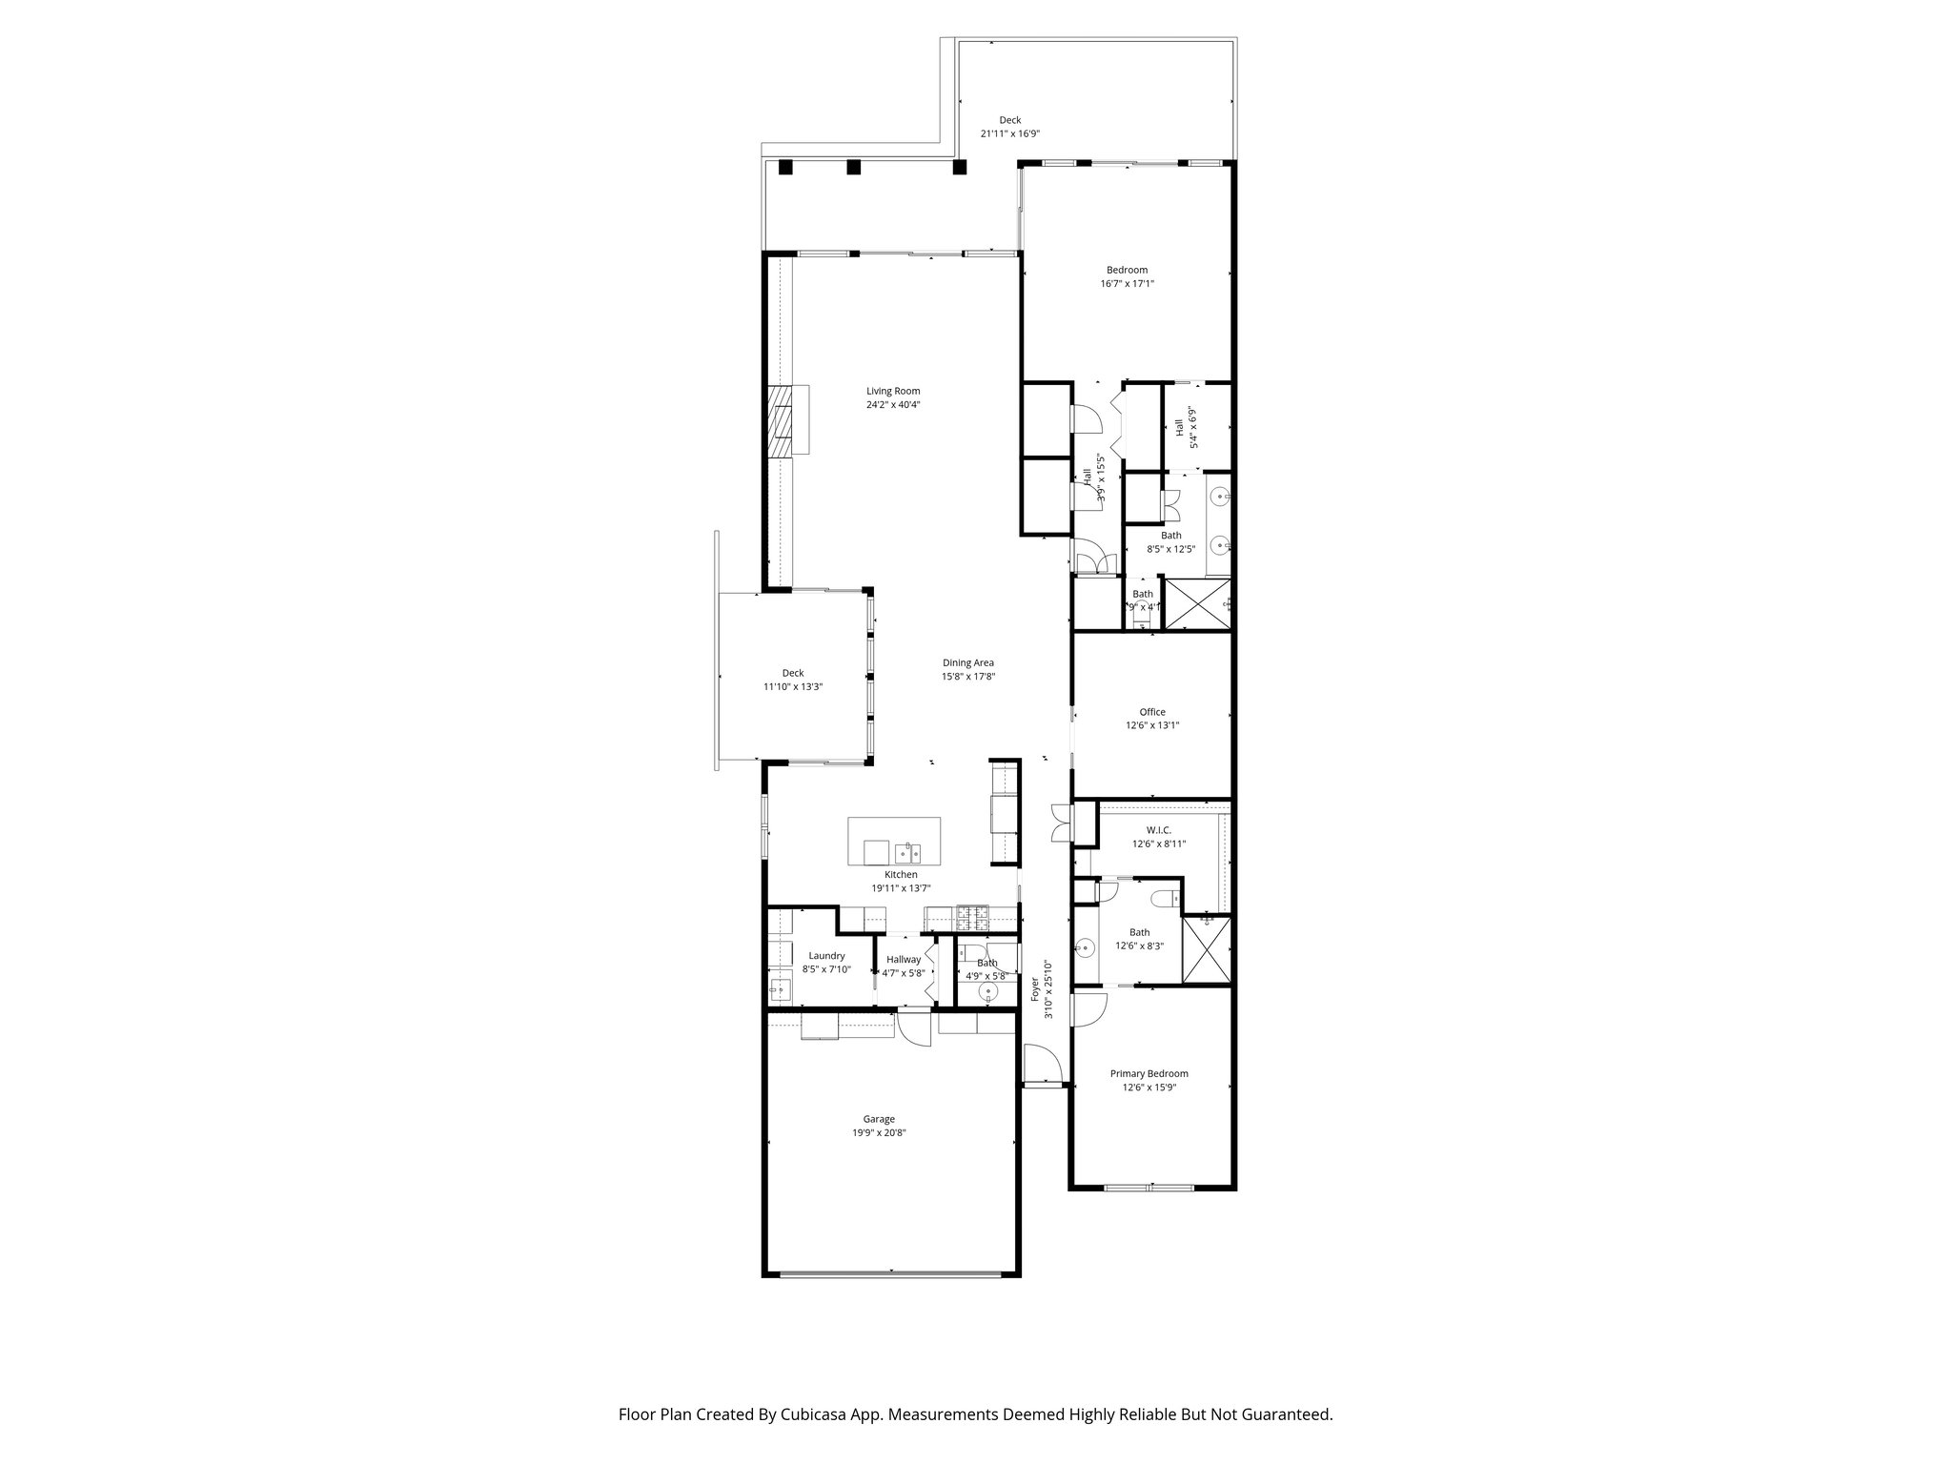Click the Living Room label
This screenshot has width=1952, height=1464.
(893, 391)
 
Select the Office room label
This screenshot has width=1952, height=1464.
(1152, 712)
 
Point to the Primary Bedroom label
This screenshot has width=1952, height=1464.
(1149, 1073)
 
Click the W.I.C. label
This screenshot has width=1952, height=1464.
(1158, 830)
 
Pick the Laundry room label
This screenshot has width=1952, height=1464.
(826, 956)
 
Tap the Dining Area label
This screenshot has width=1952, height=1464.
(967, 663)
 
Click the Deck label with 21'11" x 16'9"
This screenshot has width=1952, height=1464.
(1009, 120)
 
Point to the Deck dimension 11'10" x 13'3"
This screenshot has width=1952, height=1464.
(792, 686)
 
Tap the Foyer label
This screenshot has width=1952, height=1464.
(1035, 988)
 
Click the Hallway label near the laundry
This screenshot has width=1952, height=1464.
(903, 960)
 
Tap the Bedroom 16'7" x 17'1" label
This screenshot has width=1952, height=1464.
(1127, 270)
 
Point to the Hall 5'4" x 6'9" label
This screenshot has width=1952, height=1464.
(1179, 428)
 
